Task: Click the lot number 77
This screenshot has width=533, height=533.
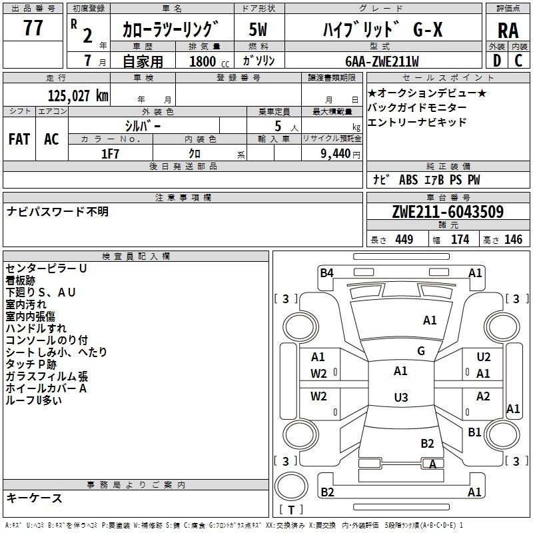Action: (x=33, y=28)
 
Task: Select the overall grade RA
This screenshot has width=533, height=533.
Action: (x=508, y=31)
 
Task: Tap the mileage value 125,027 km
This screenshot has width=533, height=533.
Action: (x=78, y=96)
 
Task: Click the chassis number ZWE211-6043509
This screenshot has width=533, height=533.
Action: (x=448, y=212)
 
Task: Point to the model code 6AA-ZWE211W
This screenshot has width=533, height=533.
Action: (x=382, y=61)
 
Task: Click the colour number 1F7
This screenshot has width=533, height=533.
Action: (x=110, y=154)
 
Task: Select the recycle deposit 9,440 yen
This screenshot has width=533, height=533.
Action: (x=340, y=154)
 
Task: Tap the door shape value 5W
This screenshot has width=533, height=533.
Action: (x=258, y=29)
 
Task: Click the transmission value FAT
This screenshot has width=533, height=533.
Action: (x=19, y=139)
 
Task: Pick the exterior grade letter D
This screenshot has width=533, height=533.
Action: (x=497, y=61)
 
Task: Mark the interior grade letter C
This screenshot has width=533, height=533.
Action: (x=518, y=61)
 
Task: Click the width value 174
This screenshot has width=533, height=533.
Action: (x=460, y=239)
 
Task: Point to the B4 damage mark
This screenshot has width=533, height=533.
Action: (x=326, y=273)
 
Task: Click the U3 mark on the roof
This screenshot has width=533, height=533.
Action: (x=401, y=397)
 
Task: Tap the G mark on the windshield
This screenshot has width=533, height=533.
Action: (x=421, y=351)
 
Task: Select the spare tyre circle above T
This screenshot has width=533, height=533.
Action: (x=291, y=486)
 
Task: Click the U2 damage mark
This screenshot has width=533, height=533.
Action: (x=484, y=357)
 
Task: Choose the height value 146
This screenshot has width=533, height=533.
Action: (x=513, y=239)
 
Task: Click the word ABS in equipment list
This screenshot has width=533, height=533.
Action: (x=408, y=180)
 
